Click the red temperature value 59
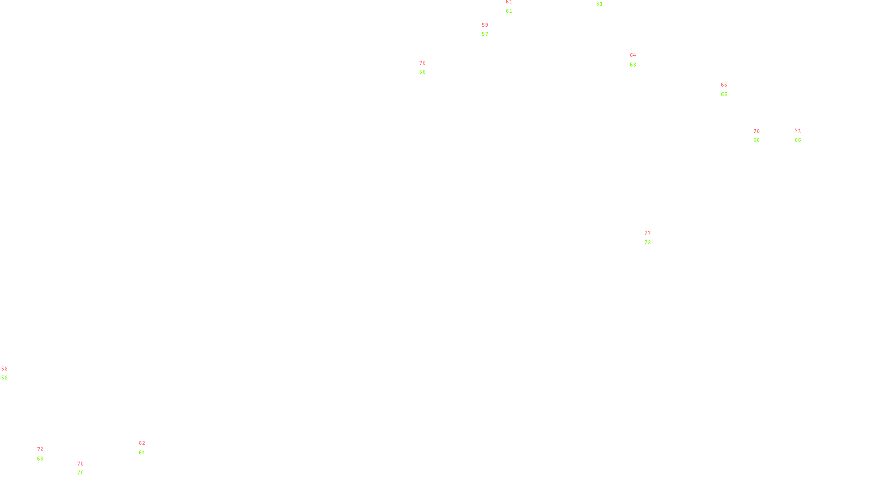(x=485, y=25)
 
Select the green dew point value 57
(x=485, y=34)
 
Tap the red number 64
(x=633, y=55)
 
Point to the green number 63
(x=633, y=65)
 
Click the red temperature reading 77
(x=648, y=233)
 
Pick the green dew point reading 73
(x=648, y=243)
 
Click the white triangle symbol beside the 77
(x=648, y=239)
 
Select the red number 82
(x=142, y=443)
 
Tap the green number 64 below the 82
(x=142, y=453)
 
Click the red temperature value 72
(x=40, y=449)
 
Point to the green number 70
(x=80, y=473)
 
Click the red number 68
(x=4, y=369)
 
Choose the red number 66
(x=724, y=85)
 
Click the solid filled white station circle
(x=803, y=135)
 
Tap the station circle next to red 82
(x=147, y=448)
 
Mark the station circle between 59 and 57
(x=490, y=30)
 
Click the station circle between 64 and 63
(x=639, y=60)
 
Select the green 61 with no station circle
(x=600, y=4)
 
